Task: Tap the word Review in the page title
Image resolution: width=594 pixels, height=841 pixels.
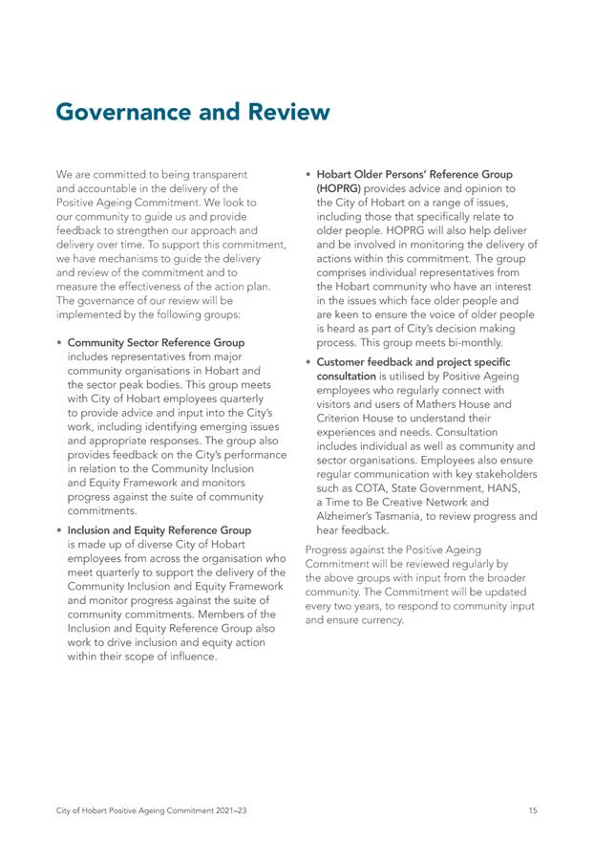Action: point(286,113)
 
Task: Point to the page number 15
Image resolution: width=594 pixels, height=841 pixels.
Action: point(532,810)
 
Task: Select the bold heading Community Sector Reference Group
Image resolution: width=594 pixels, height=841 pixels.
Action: point(156,342)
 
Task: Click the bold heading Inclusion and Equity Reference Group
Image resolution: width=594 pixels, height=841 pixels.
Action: point(159,529)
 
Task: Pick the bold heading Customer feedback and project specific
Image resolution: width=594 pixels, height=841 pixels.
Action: point(413,362)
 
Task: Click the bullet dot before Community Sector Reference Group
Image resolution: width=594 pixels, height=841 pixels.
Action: point(60,343)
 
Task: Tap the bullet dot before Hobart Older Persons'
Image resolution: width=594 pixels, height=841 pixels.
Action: point(308,176)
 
